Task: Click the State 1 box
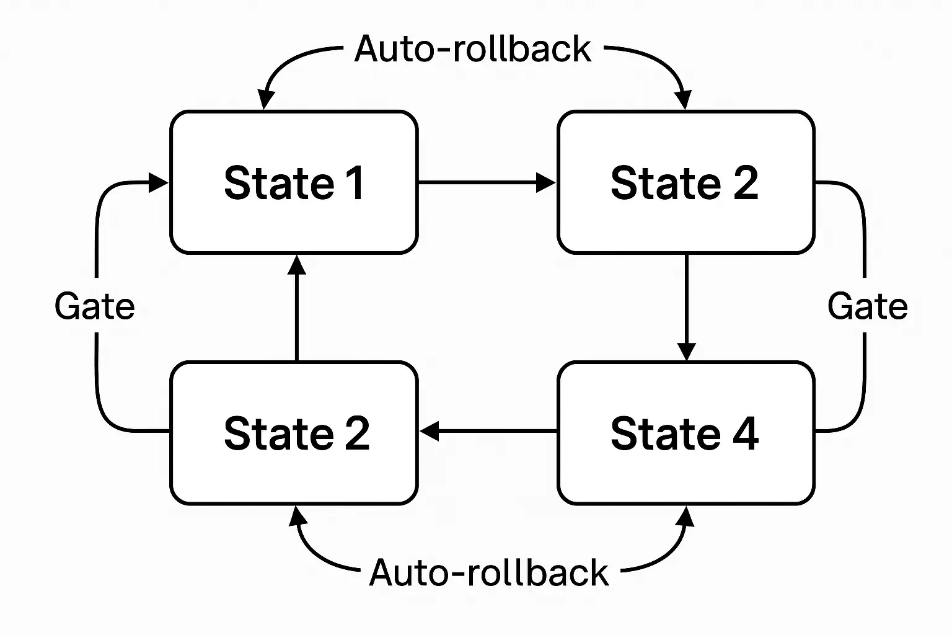coord(294,182)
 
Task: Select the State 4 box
coord(685,433)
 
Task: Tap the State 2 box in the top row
coord(685,182)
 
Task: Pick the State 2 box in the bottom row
coord(294,433)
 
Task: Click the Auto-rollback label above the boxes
coord(472,49)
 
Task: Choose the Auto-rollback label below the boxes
coord(488,572)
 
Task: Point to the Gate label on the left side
coord(94,306)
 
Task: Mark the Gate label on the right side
coord(867,306)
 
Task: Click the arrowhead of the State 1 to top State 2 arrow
coord(546,182)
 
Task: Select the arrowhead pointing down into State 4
coord(686,351)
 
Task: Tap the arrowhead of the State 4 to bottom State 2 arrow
coord(430,431)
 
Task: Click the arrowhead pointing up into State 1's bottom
coord(297,264)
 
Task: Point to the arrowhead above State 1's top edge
coord(266,100)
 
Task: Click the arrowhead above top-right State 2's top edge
coord(683,100)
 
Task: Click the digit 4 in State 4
coord(746,433)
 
